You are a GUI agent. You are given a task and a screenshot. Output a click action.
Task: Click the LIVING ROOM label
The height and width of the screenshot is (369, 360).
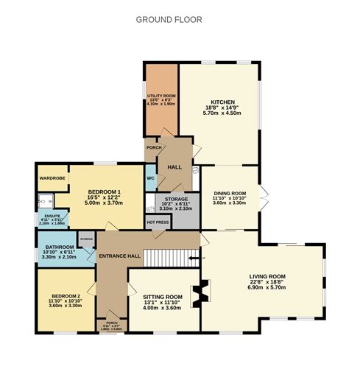coord(267,277)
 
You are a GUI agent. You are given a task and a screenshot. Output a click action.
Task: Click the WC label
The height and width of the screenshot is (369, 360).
coord(150,178)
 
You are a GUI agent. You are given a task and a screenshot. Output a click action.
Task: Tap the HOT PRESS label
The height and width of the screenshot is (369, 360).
coord(158,222)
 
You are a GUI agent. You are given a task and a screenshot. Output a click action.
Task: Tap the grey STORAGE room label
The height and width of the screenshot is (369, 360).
coord(176,199)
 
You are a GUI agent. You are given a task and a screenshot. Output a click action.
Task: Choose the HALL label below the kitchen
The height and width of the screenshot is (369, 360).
coord(174,168)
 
